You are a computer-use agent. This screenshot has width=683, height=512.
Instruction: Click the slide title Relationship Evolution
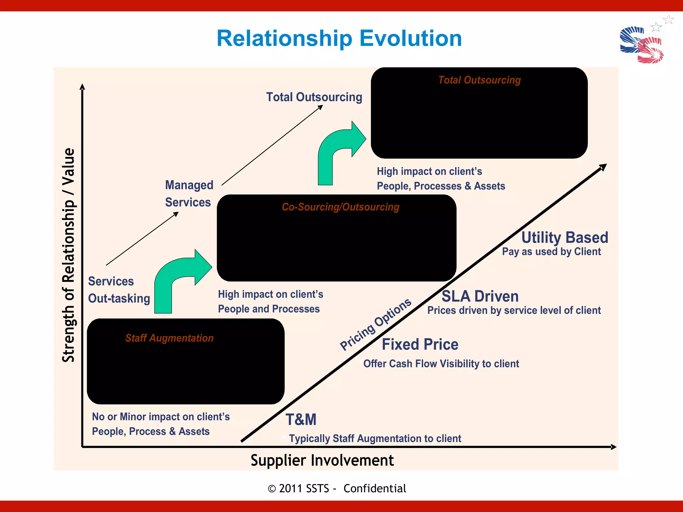coord(339,38)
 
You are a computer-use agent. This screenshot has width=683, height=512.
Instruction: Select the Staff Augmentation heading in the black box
coord(169,338)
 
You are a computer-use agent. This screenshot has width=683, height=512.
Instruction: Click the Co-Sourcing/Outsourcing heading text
coord(340,207)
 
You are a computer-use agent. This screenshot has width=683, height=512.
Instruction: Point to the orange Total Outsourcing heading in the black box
coord(479,80)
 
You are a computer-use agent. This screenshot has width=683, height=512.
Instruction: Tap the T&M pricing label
coord(301,419)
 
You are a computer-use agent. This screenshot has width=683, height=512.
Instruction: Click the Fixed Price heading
coord(420,344)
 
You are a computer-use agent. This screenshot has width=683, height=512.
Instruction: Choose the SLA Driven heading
coord(480,296)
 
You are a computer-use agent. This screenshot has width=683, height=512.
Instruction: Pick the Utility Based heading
coord(565,238)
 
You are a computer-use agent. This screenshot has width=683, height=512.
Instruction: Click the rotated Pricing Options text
coord(376,324)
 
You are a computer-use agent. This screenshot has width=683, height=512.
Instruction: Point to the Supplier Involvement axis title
coord(322,460)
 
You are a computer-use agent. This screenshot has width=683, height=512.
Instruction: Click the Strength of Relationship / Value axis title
coord(69,255)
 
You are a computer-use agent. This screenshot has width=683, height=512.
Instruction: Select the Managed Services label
coord(189,194)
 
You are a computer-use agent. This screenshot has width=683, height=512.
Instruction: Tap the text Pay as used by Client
coord(551,252)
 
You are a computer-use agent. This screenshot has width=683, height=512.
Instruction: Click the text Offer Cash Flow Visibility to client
coord(441,364)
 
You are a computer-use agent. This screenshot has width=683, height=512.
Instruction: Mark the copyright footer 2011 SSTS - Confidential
coord(337,488)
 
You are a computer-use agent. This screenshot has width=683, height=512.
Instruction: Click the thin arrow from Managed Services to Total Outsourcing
coord(272,145)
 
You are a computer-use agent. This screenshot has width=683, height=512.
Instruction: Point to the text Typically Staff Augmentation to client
coord(375,438)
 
